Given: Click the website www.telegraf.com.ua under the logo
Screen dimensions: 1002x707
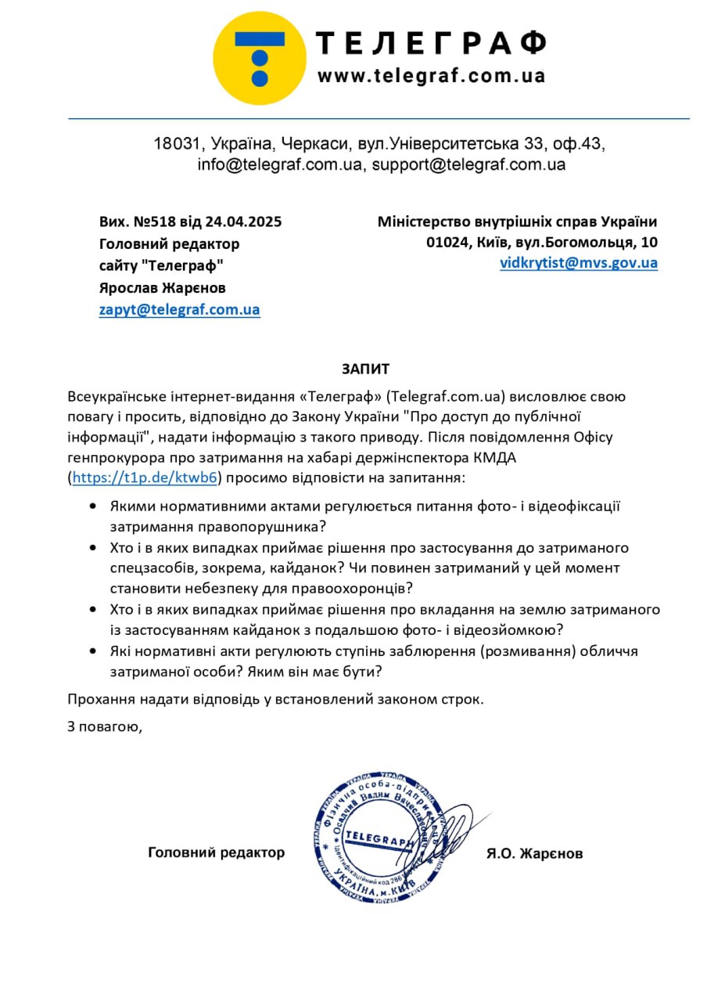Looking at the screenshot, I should coord(431,77).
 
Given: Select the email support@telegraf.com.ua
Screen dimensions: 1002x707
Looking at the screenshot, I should coord(468,165).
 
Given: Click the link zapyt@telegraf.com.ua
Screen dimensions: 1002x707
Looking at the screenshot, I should coord(179,309).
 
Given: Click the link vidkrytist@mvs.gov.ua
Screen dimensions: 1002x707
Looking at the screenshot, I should coord(579,263).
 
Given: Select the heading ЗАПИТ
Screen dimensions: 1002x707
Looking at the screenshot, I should coord(364,369).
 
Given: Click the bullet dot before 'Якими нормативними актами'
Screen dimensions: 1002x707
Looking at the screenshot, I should coord(94,506).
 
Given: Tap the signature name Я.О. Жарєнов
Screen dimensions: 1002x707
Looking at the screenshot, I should coord(534,853).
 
